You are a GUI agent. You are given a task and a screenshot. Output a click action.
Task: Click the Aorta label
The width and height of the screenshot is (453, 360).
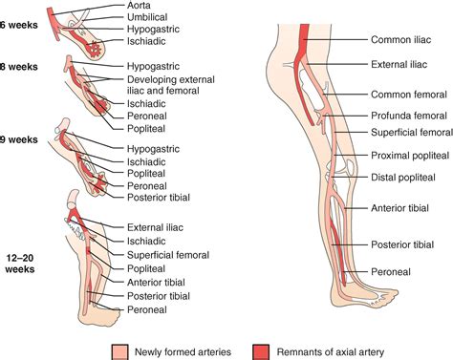[x=140, y=5]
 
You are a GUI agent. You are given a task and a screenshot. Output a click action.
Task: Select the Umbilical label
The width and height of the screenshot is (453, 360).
[x=147, y=18]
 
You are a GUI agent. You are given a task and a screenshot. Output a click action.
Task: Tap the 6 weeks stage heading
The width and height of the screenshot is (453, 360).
[x=19, y=23]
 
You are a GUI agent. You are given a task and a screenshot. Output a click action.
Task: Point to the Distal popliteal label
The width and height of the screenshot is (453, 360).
[x=401, y=177]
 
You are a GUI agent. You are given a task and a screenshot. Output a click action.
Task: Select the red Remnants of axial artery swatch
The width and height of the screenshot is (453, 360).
[x=261, y=349]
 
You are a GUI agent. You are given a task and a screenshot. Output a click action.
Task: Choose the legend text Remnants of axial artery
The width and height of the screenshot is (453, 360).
[x=330, y=349]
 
